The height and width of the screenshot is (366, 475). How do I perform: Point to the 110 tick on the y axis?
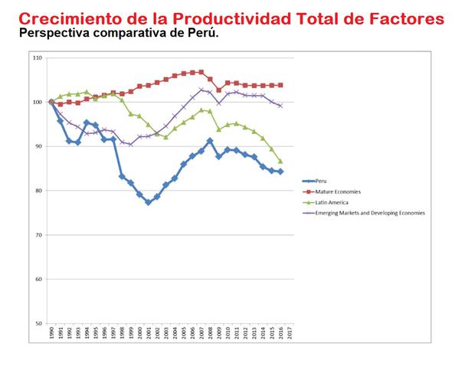(x=38, y=58)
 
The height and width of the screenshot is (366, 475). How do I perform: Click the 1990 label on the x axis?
(x=51, y=334)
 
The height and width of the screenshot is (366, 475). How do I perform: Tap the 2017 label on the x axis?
(x=290, y=334)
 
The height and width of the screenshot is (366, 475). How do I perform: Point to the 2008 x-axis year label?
(x=211, y=334)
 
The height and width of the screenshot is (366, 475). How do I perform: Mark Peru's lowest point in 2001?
(x=149, y=202)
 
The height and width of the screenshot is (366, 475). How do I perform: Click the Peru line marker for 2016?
(x=280, y=172)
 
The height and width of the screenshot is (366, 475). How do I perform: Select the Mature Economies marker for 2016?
(x=280, y=85)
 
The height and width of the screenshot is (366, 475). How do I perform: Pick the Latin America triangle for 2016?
(x=280, y=161)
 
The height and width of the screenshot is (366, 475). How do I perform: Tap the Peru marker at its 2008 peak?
(x=210, y=141)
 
